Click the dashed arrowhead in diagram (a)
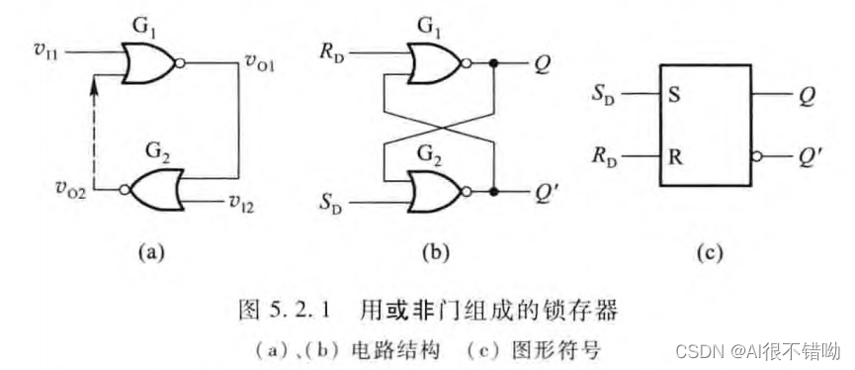coord(95,90)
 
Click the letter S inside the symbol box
coord(677,96)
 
